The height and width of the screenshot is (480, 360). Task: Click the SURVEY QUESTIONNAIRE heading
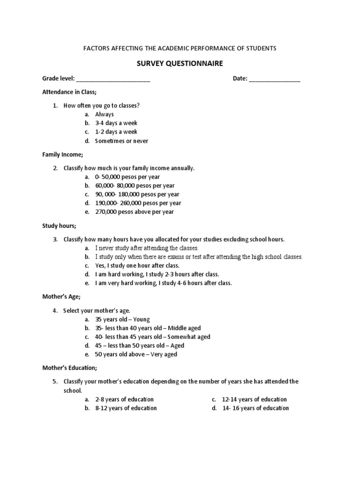(180, 63)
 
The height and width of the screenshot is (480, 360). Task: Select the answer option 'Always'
(104, 114)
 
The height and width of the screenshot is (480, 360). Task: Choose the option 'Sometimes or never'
(121, 141)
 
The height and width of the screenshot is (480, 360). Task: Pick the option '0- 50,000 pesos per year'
(127, 177)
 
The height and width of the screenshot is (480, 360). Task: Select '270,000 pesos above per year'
(134, 212)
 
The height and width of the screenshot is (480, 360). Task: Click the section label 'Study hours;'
(59, 226)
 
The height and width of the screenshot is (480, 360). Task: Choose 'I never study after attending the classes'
(147, 248)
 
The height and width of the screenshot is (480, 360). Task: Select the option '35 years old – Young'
(122, 319)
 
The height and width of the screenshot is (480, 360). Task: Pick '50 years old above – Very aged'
(136, 354)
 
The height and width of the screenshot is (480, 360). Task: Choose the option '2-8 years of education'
(124, 399)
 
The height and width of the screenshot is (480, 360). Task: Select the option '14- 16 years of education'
(255, 408)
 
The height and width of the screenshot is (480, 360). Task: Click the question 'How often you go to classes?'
(101, 105)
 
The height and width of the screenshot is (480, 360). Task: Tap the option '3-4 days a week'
(116, 123)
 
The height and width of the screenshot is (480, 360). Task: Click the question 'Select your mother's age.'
(97, 310)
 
